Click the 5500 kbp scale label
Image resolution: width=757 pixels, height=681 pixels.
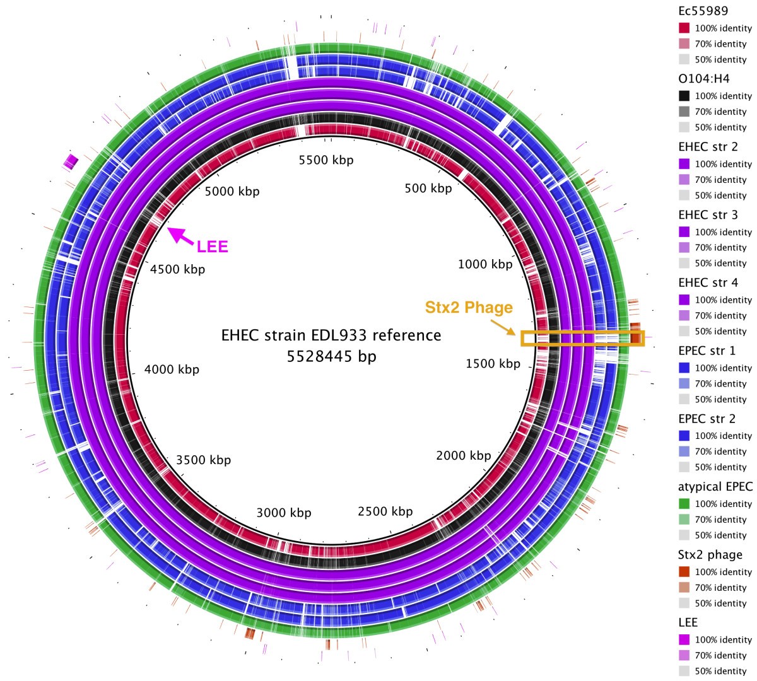[x=326, y=160]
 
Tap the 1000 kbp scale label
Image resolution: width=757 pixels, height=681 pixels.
[x=485, y=264]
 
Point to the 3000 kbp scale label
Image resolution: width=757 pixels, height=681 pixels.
[x=284, y=513]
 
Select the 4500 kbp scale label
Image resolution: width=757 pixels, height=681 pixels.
[x=177, y=269]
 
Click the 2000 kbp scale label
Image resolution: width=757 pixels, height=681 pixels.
[x=463, y=455]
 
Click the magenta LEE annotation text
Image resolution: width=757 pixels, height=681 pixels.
[x=212, y=247]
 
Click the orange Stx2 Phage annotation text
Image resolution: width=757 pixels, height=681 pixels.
[x=469, y=308]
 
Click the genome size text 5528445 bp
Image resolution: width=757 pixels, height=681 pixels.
[x=331, y=356]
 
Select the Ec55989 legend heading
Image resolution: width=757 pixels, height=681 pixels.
[x=703, y=11]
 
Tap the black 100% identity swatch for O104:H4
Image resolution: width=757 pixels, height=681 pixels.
[x=684, y=96]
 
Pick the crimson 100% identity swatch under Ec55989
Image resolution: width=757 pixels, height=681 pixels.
[x=684, y=28]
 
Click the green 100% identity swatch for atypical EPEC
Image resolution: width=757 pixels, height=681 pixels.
[x=684, y=504]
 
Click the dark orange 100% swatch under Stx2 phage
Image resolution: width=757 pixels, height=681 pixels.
[x=684, y=572]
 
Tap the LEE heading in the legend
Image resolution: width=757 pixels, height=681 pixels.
[x=688, y=622]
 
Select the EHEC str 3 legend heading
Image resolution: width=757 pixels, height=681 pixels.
[x=708, y=215]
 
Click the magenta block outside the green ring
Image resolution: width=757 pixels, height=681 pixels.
[x=70, y=161]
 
